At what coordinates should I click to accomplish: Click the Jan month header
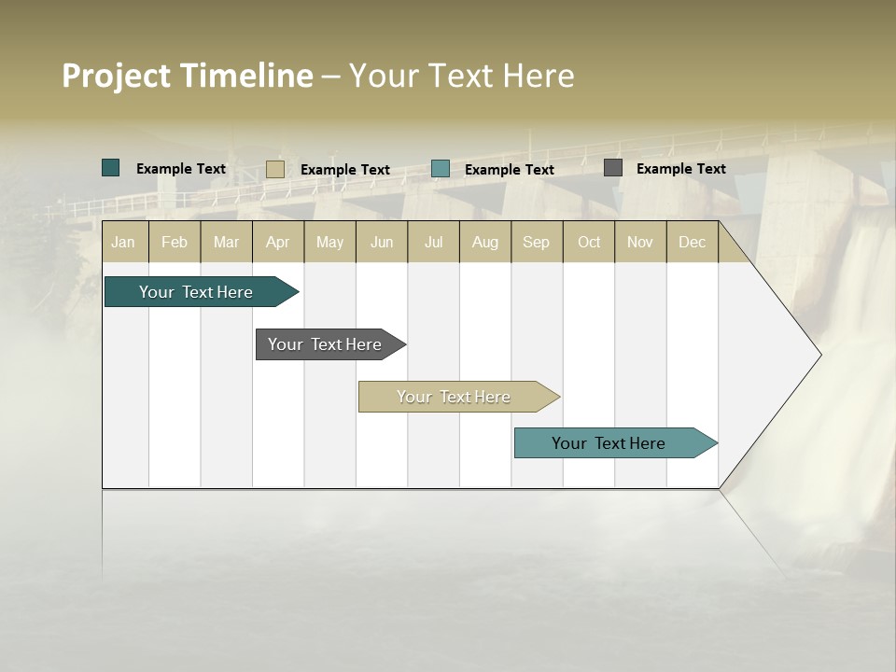click(123, 242)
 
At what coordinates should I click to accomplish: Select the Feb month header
click(175, 242)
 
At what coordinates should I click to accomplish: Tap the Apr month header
click(278, 242)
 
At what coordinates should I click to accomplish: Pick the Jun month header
click(382, 242)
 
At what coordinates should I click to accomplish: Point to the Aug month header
click(485, 242)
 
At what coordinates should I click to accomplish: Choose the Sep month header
click(537, 242)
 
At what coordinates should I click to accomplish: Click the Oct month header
click(589, 242)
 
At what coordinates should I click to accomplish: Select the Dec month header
click(693, 242)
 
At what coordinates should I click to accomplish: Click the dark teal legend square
click(111, 168)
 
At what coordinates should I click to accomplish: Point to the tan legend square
click(274, 169)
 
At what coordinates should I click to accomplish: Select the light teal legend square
click(441, 169)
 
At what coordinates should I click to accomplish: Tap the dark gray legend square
click(613, 168)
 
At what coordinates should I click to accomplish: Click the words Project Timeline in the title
click(188, 76)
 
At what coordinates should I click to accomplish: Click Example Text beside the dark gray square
click(680, 168)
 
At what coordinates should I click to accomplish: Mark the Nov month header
click(640, 242)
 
